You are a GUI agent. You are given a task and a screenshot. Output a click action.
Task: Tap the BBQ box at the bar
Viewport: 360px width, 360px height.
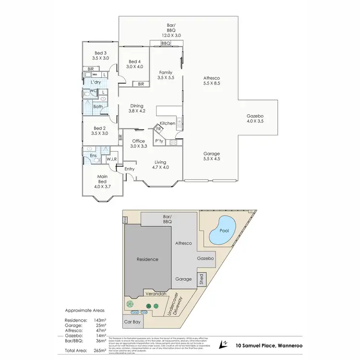[166, 44]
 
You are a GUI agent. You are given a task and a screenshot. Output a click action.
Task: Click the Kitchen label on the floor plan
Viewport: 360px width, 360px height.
[168, 123]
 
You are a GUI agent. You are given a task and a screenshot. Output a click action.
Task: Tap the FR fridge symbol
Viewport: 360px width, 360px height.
[158, 129]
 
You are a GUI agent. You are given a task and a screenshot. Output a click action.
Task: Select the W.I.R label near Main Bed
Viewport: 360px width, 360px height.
[112, 159]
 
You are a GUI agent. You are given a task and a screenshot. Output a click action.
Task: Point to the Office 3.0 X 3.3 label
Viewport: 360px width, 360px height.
[138, 143]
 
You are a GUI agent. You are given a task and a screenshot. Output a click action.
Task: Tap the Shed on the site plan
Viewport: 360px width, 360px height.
[202, 279]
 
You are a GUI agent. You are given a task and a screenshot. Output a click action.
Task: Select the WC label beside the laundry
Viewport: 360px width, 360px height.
[94, 91]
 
